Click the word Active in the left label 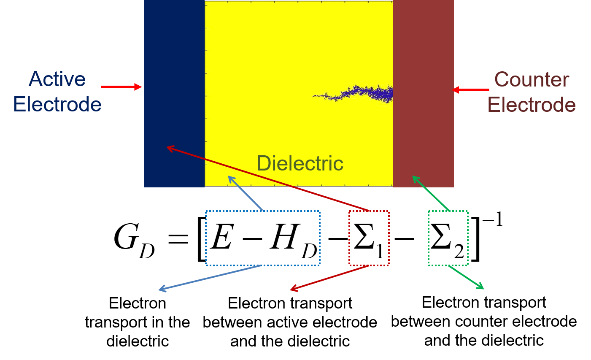(57, 79)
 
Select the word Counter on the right (532, 80)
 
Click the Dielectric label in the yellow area (300, 163)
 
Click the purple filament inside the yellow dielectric (363, 93)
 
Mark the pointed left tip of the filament (313, 96)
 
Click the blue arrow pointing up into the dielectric (245, 193)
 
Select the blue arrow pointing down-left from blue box (210, 277)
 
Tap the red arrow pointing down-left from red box (329, 278)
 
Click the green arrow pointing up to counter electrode (431, 193)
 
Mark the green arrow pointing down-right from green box (466, 277)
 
